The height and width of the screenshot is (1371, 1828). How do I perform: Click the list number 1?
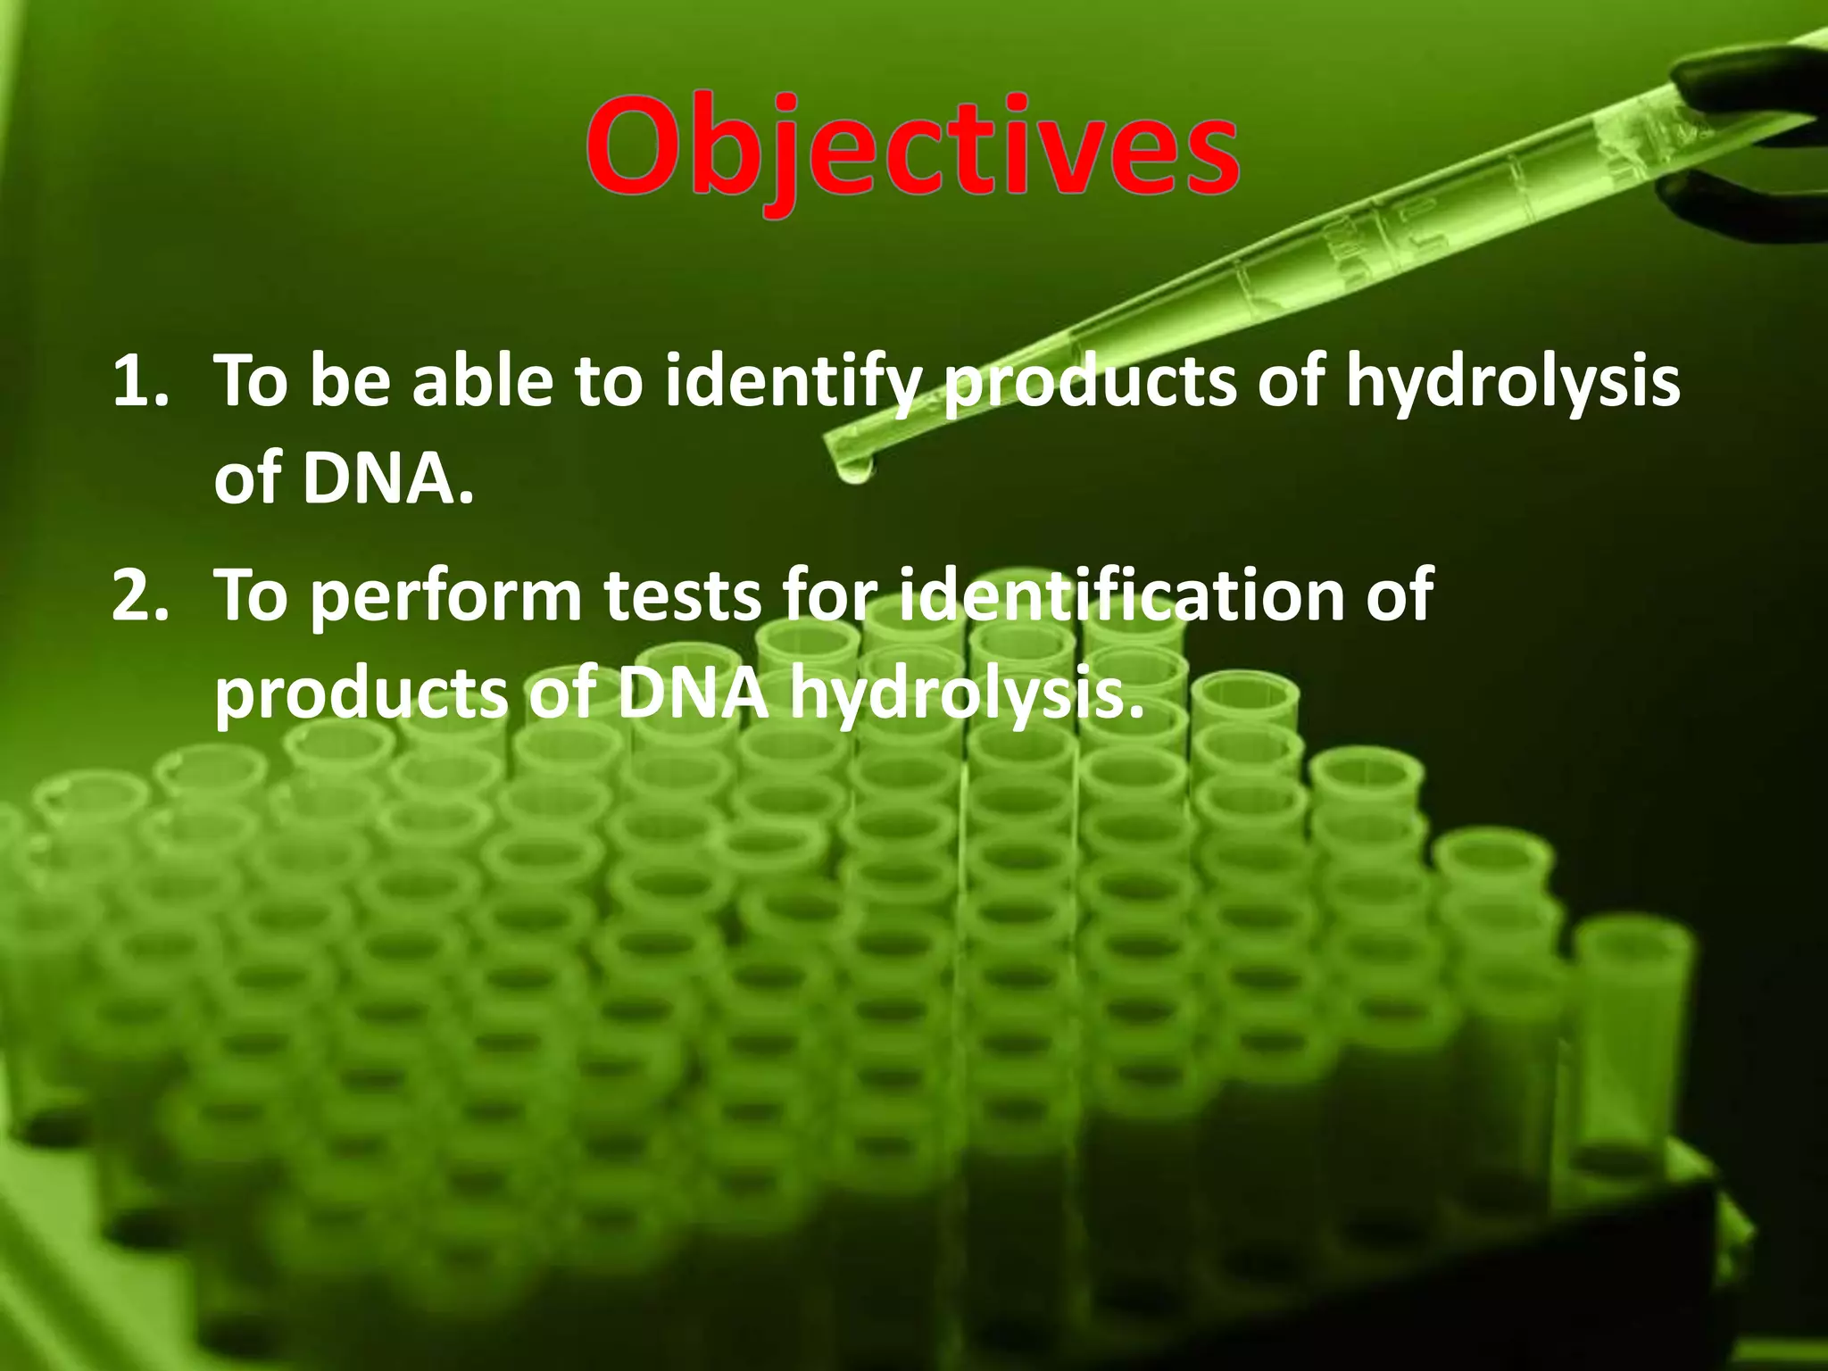(x=138, y=382)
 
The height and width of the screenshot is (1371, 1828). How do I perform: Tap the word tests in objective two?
(x=685, y=596)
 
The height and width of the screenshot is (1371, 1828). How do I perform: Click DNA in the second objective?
(x=693, y=694)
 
